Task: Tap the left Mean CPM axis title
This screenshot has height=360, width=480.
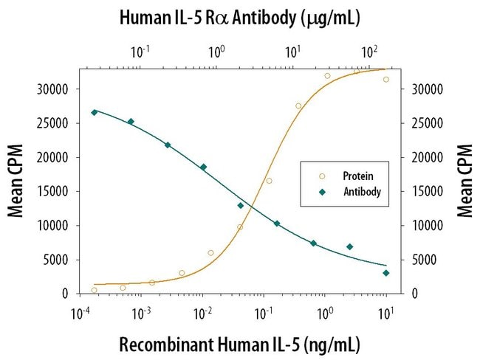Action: coord(16,181)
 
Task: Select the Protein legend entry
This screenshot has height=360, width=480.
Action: coord(357,176)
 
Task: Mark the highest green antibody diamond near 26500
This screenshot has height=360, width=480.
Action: coord(94,112)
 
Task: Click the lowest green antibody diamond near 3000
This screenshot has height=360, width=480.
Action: coord(385,273)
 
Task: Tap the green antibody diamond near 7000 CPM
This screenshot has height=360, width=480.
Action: coord(349,246)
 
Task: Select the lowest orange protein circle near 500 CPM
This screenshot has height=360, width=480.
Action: coord(94,290)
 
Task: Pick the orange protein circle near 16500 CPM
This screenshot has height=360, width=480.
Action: coord(269,181)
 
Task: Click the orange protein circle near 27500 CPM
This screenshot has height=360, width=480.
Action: coord(298,106)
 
